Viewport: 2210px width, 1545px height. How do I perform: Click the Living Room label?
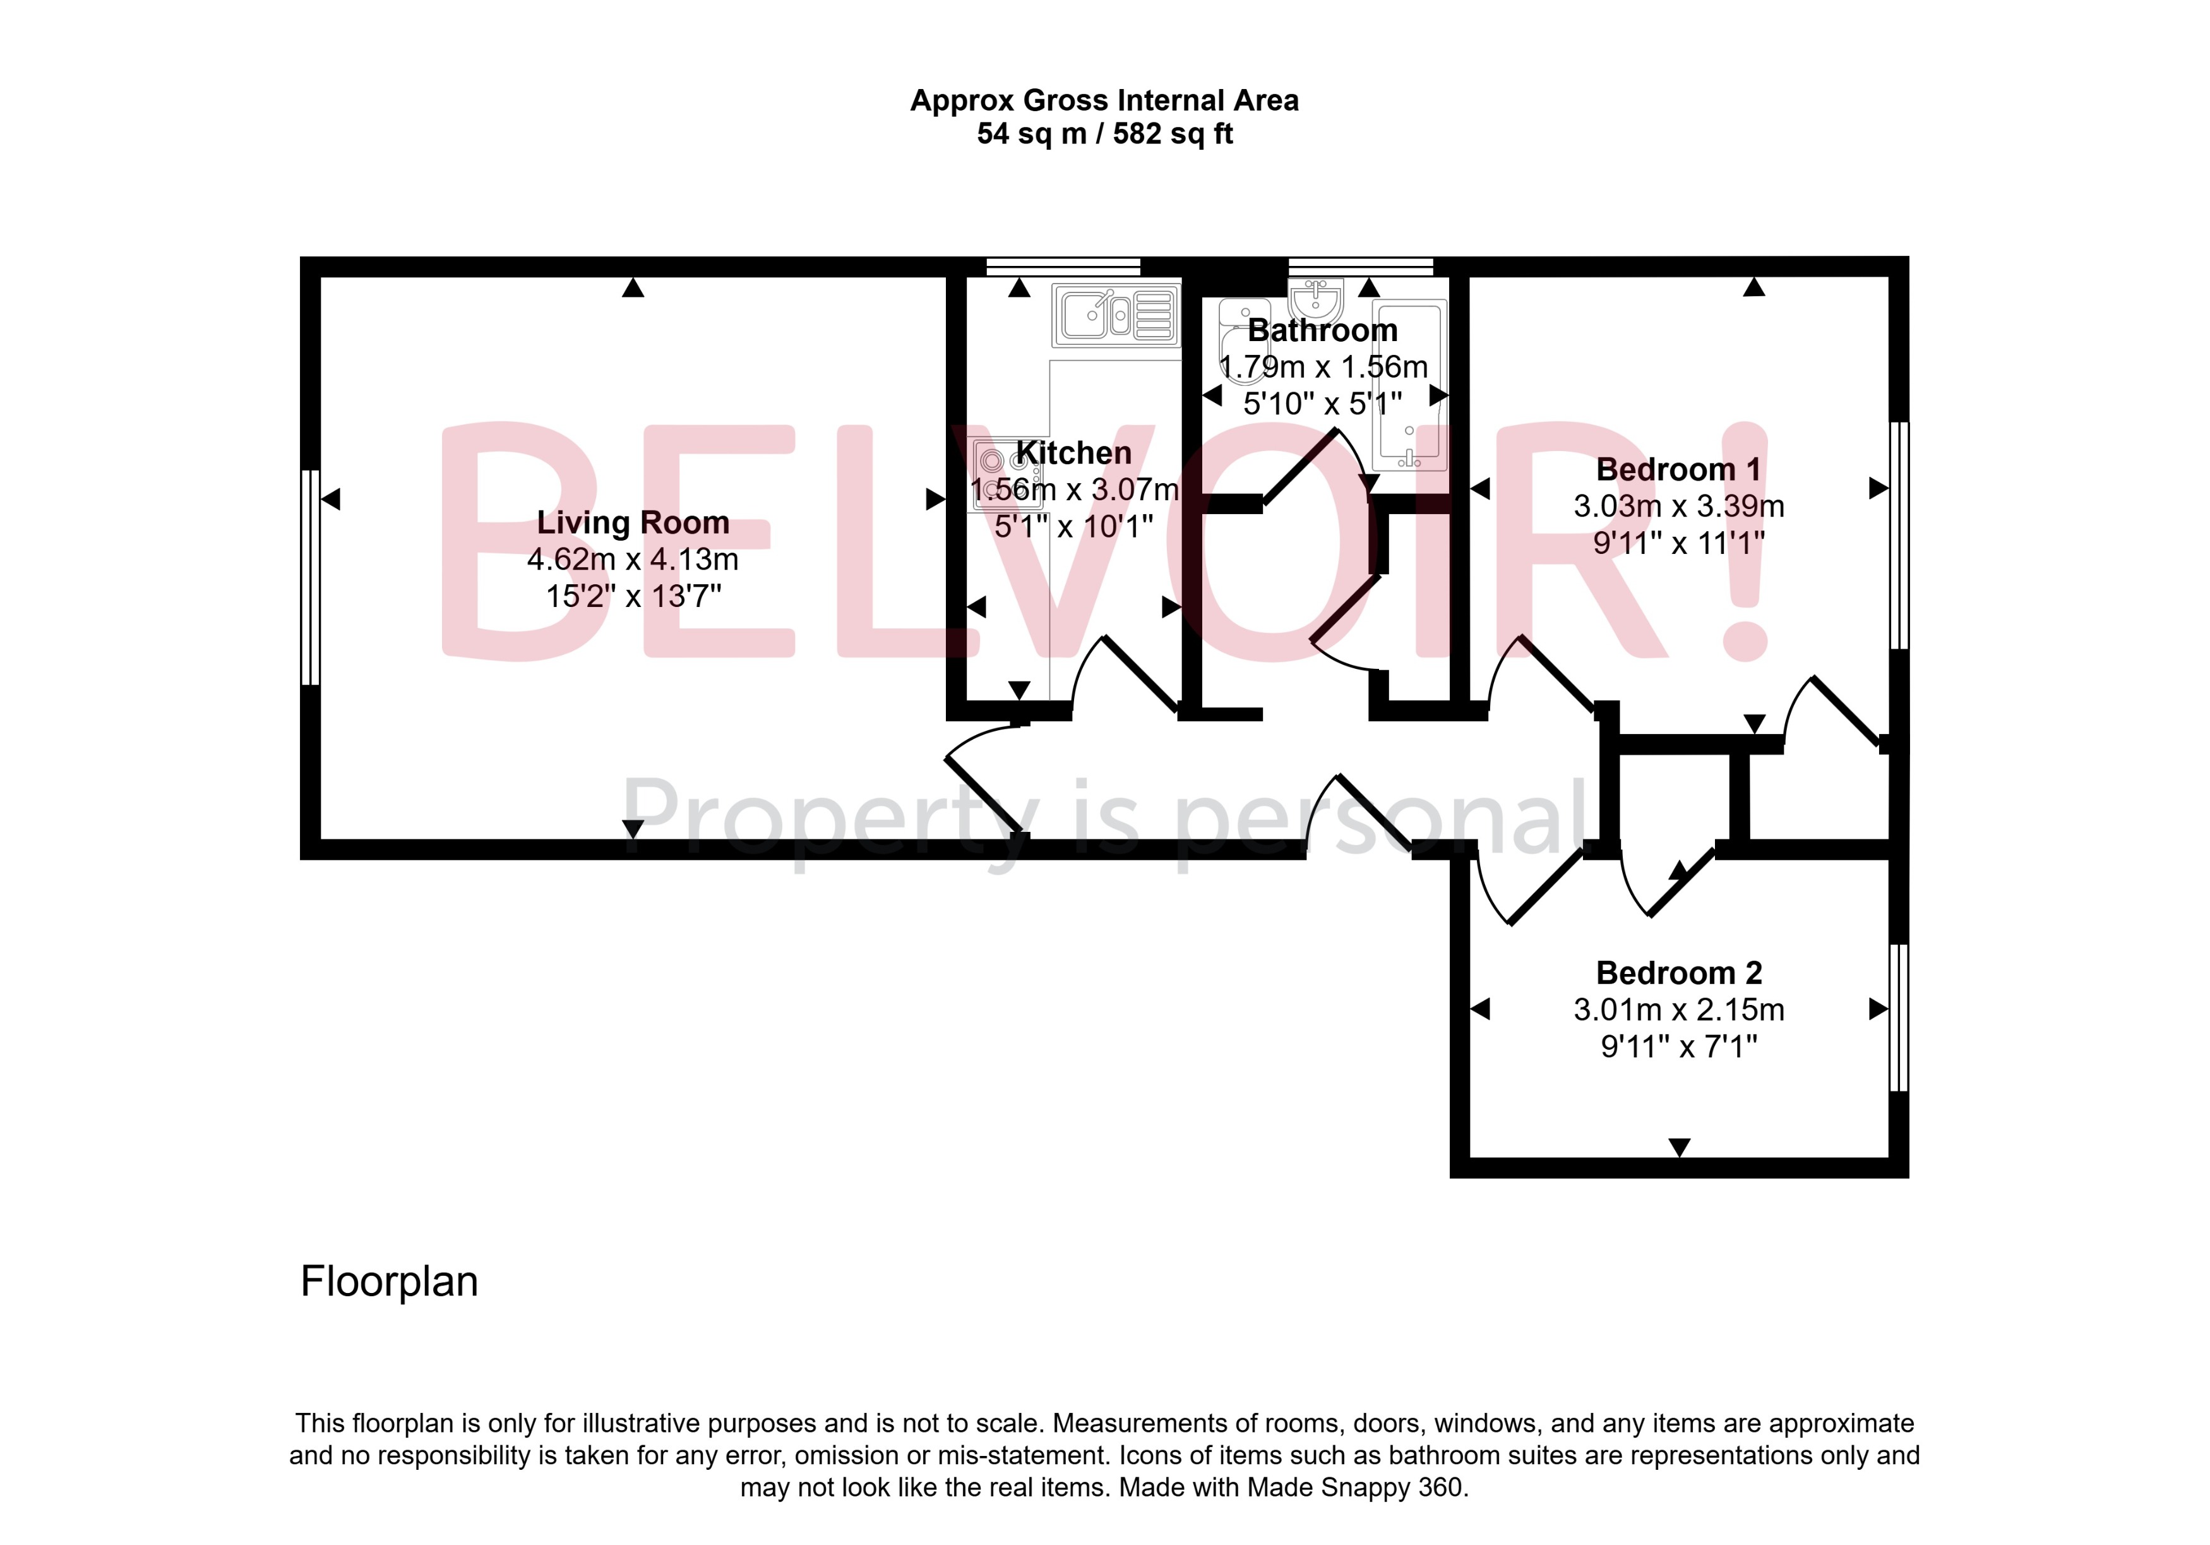click(633, 523)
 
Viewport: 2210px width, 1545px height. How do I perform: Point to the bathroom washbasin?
click(1316, 298)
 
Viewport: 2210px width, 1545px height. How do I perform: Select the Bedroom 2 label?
click(1679, 973)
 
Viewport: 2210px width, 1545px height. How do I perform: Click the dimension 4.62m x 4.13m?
click(633, 559)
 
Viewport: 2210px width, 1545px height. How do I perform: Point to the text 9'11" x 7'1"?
click(1679, 1047)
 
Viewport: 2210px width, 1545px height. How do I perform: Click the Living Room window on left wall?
click(310, 577)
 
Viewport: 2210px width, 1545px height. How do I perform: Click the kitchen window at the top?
click(1063, 267)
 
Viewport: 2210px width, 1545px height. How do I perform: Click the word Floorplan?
click(389, 1281)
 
